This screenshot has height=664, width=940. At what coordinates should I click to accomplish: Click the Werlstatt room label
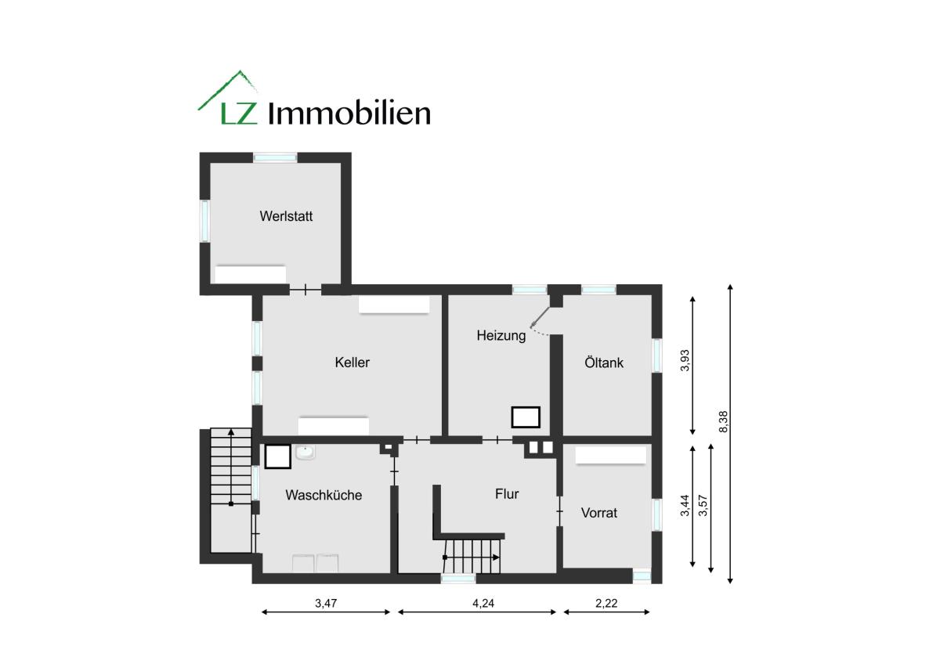tap(286, 216)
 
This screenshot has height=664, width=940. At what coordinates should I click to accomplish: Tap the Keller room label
tap(352, 362)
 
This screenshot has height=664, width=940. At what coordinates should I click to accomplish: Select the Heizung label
tap(501, 336)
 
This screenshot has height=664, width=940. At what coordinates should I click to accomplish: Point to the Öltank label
tap(604, 362)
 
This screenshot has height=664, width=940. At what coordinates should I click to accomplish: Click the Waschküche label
tap(324, 495)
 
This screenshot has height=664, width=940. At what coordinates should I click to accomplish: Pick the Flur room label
tap(507, 494)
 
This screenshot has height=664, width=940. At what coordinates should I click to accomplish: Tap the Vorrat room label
tap(598, 513)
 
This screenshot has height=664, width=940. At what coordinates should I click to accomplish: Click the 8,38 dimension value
tap(723, 421)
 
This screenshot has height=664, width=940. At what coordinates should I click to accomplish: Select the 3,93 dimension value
tap(685, 360)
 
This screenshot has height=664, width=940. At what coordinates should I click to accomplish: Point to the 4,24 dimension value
tap(483, 603)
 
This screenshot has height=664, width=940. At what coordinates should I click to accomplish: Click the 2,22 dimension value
tap(606, 603)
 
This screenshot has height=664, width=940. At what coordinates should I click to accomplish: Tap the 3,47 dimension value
tap(326, 603)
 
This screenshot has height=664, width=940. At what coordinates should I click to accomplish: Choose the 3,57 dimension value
tap(703, 506)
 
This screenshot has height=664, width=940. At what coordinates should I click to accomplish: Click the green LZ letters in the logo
tap(238, 114)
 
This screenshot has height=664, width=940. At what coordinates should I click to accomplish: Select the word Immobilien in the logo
tap(349, 114)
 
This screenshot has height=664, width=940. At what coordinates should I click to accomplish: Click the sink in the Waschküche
tap(305, 453)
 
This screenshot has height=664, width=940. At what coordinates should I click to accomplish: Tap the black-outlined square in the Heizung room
tap(526, 417)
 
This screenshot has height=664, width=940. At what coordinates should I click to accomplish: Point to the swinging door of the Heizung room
tap(540, 318)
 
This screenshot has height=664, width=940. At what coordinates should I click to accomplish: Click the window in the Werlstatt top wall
tap(275, 157)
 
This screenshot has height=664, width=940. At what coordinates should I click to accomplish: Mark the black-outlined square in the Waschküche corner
tap(278, 456)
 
